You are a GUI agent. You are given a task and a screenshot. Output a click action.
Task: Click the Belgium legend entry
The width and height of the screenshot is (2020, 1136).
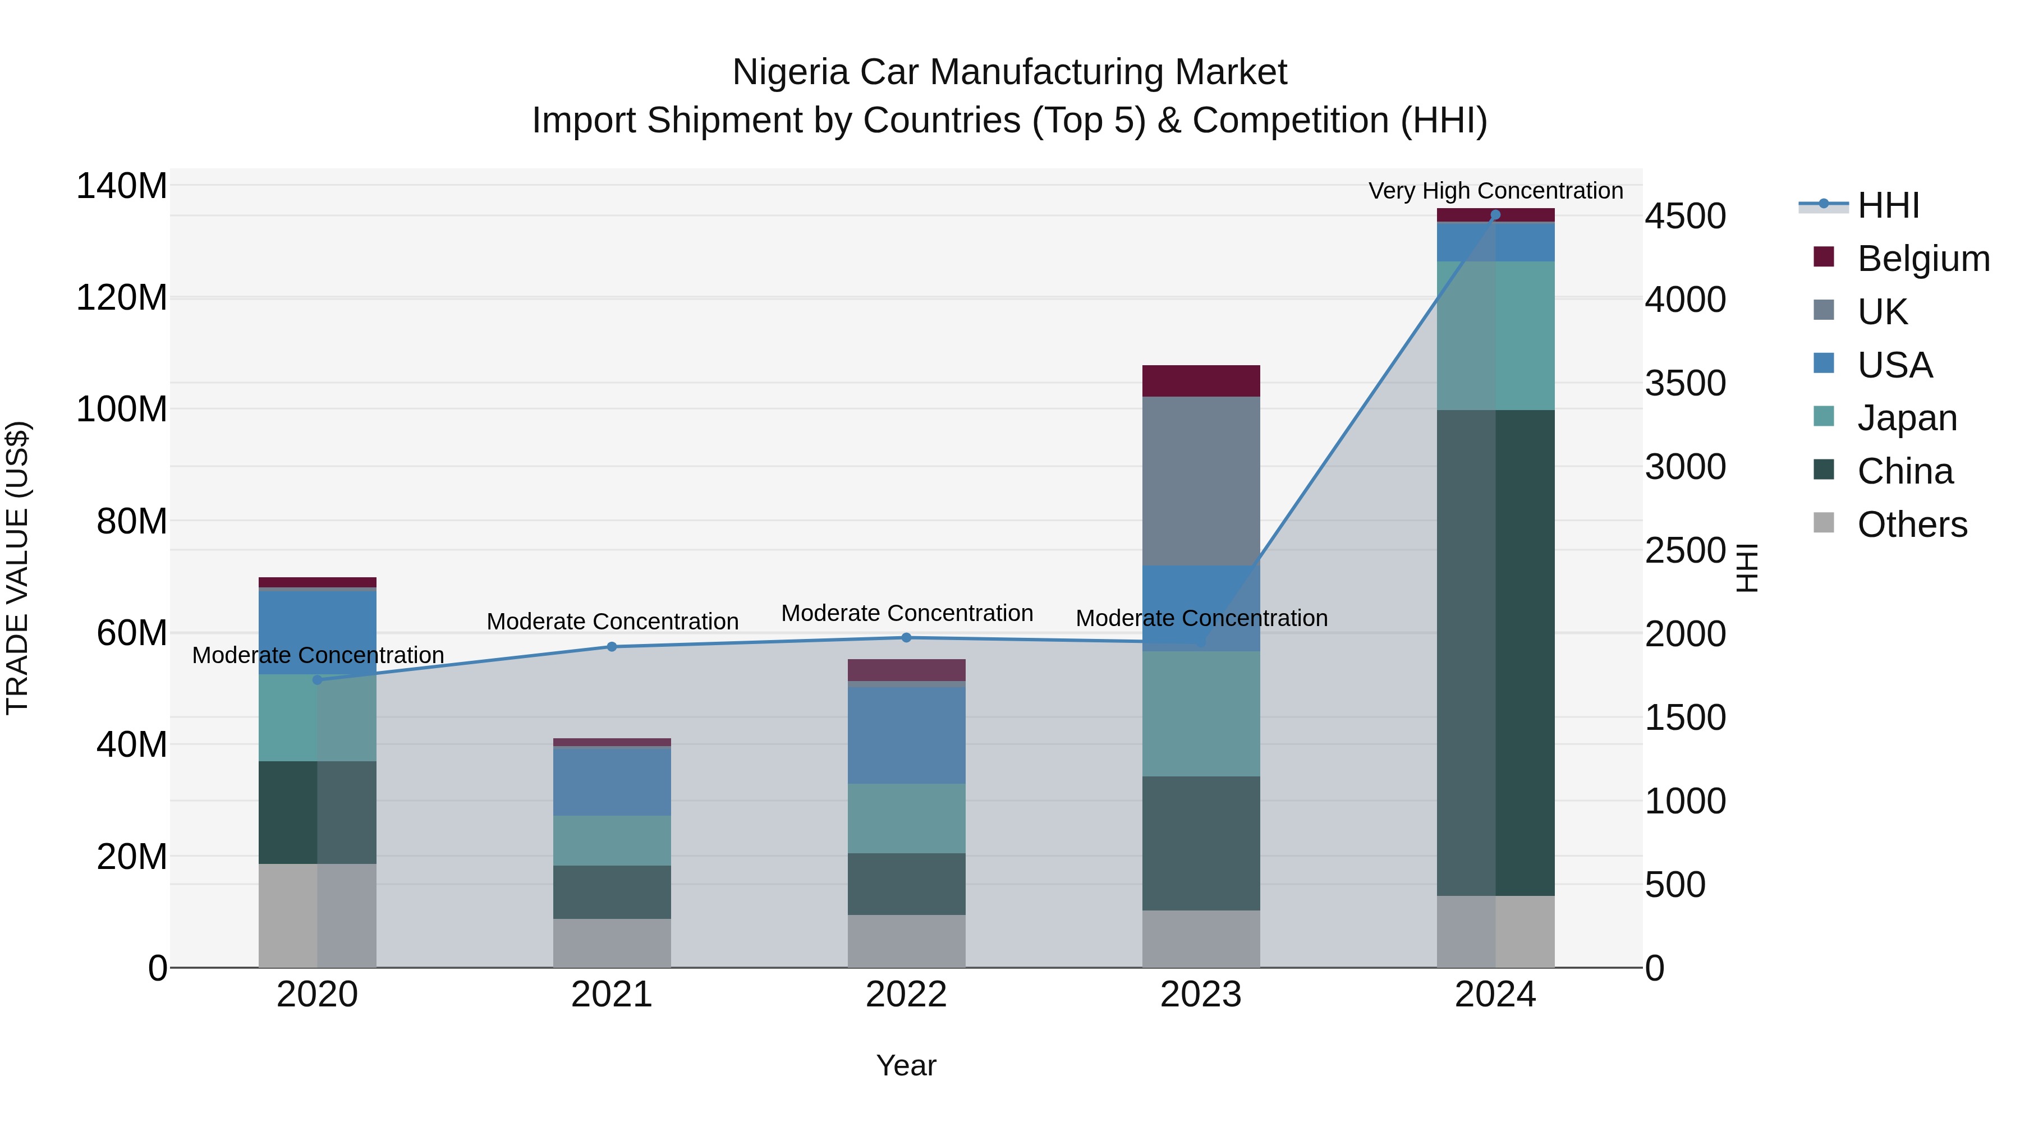(1921, 259)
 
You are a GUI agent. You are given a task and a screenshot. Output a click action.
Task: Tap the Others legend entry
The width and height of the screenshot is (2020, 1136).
(1911, 525)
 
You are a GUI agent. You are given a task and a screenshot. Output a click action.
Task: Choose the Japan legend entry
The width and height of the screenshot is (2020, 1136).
(1906, 418)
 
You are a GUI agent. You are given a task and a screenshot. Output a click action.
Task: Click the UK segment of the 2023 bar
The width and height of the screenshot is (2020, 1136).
(1201, 481)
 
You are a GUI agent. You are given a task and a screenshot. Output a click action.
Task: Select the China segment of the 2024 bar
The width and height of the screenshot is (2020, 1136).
(1495, 652)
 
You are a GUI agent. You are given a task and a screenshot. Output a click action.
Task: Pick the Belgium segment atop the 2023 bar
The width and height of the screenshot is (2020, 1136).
(1201, 381)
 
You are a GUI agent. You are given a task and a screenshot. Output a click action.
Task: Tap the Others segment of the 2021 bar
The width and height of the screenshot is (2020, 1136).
(612, 942)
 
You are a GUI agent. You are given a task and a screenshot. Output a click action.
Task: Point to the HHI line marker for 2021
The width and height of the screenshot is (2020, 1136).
(612, 647)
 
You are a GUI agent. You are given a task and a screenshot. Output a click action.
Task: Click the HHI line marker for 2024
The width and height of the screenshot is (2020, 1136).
(1495, 215)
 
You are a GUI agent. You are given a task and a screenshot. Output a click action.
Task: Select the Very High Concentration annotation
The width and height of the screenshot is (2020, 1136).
(1495, 191)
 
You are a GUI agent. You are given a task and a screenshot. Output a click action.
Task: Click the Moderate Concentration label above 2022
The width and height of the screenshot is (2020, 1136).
(907, 613)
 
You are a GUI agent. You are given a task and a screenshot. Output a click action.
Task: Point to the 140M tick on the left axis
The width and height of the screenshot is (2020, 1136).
(122, 187)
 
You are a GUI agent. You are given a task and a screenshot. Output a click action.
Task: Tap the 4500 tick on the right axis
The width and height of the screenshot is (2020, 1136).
(1685, 217)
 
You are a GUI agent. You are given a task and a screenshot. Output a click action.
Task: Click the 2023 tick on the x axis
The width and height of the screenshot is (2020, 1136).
(1201, 995)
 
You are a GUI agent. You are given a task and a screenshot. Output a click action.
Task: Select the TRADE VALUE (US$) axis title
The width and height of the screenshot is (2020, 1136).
(17, 568)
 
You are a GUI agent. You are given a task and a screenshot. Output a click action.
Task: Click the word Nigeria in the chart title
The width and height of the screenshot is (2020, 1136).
(789, 72)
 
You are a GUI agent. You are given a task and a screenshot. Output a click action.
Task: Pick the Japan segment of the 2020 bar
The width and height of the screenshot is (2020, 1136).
(317, 718)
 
